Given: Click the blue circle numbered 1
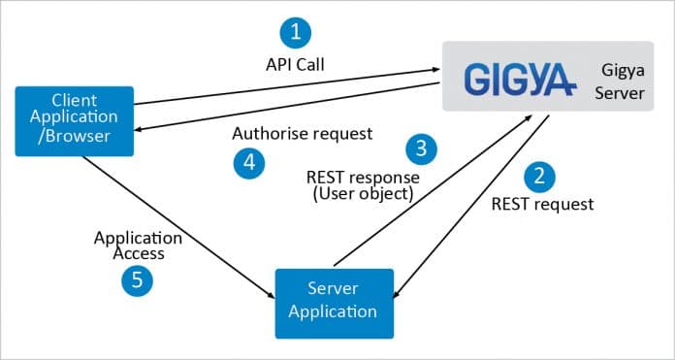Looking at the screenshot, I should (x=296, y=32).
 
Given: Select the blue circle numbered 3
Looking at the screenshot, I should (x=421, y=148).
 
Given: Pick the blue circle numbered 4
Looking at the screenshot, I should (x=249, y=161).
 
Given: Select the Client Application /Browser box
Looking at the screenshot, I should (x=75, y=119).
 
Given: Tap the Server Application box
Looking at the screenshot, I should (x=334, y=303).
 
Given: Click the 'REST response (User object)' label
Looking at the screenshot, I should (x=363, y=186).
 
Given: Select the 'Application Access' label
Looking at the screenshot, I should (x=137, y=245).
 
